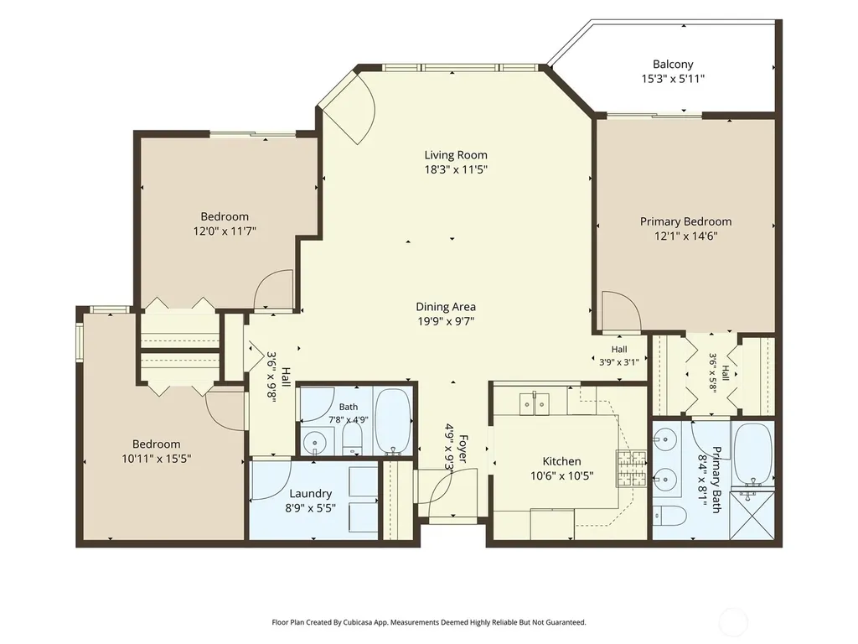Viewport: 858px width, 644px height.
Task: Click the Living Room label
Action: pos(456,155)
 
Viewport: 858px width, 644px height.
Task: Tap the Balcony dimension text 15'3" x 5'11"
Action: pos(673,79)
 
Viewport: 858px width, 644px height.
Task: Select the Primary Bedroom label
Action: pos(685,221)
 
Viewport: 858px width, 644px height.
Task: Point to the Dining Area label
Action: pos(446,307)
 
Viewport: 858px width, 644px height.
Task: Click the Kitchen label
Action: pos(561,461)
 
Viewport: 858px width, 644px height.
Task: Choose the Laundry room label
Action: pos(310,493)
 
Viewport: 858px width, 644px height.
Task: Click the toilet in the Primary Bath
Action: pos(669,516)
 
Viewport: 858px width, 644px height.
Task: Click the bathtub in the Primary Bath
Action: pos(753,452)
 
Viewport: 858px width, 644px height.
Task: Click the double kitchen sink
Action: pos(534,404)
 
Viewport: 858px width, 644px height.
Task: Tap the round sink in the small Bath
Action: pos(315,442)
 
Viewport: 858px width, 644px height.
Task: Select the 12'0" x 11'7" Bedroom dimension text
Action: pos(225,231)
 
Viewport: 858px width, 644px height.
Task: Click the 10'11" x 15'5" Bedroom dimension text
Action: pos(156,459)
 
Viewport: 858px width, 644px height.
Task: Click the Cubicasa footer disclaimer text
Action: pos(429,622)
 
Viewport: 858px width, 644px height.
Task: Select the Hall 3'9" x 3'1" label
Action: pos(619,356)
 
